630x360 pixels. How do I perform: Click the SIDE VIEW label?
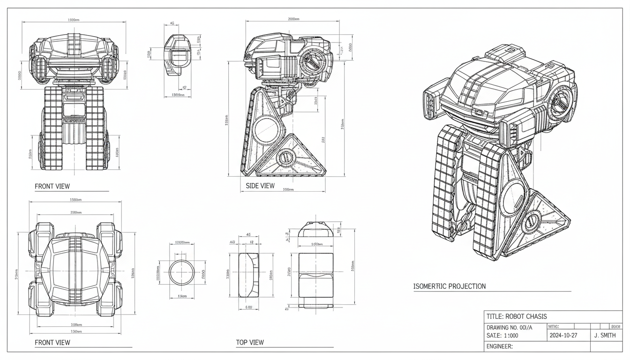point(260,186)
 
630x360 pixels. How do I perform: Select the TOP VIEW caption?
point(250,342)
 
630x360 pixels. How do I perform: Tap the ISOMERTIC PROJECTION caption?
point(449,286)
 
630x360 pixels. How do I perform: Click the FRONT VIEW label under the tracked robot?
point(52,186)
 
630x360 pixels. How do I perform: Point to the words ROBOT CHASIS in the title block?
point(526,316)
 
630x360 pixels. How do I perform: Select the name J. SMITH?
point(605,336)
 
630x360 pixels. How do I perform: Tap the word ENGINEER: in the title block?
point(500,346)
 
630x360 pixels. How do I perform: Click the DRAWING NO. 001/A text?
point(509,327)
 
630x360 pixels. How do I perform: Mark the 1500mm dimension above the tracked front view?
point(73,20)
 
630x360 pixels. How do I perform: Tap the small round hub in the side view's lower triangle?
point(285,158)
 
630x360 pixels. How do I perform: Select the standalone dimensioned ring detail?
point(181,272)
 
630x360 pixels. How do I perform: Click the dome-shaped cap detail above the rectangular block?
point(315,230)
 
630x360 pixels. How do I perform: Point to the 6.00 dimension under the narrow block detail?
point(248,307)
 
